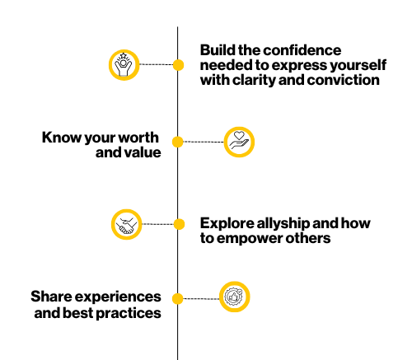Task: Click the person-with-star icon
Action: coord(124,65)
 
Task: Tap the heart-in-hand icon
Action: coord(239,142)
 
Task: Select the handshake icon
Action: coord(126,224)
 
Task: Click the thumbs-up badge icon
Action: coord(234,297)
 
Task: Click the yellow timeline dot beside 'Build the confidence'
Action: coord(178,65)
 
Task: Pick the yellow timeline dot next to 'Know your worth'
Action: coord(178,142)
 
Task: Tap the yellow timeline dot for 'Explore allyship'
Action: coord(179,224)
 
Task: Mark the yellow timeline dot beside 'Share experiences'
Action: coord(178,298)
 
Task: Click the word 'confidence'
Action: coord(302,50)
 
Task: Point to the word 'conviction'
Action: coord(344,80)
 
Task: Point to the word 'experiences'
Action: coord(118,297)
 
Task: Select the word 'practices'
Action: coord(129,313)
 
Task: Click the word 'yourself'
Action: coord(358,65)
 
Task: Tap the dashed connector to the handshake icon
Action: coord(157,224)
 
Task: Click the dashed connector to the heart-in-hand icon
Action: coord(204,142)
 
